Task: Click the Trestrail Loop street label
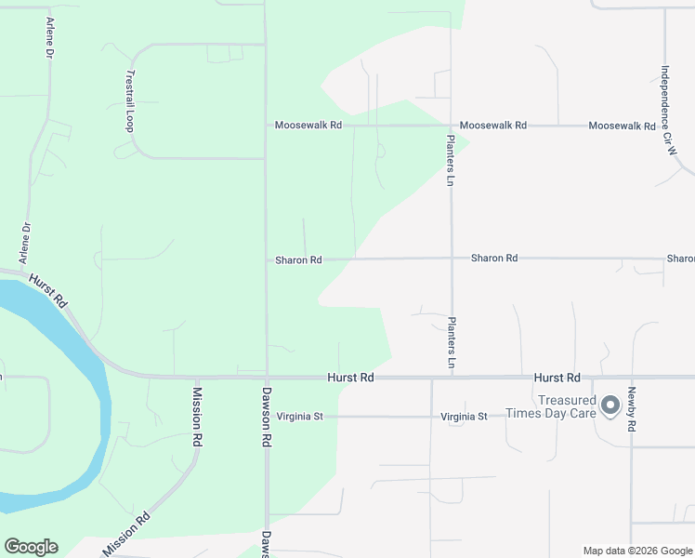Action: [x=130, y=99]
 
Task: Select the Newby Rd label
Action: [x=631, y=409]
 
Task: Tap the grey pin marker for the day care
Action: [x=610, y=405]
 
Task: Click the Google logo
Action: [x=31, y=547]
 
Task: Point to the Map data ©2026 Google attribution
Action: [x=636, y=551]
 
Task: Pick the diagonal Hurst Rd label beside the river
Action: [x=48, y=290]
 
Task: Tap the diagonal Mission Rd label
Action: [x=126, y=537]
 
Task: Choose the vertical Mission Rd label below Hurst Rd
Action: [x=196, y=415]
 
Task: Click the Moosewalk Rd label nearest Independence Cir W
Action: [x=622, y=126]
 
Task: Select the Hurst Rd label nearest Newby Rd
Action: [x=557, y=378]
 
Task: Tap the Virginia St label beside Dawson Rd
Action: [x=299, y=417]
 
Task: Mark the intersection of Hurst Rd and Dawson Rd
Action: [x=267, y=378]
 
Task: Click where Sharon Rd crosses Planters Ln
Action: [x=452, y=259]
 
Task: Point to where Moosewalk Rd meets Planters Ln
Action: [x=451, y=125]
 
